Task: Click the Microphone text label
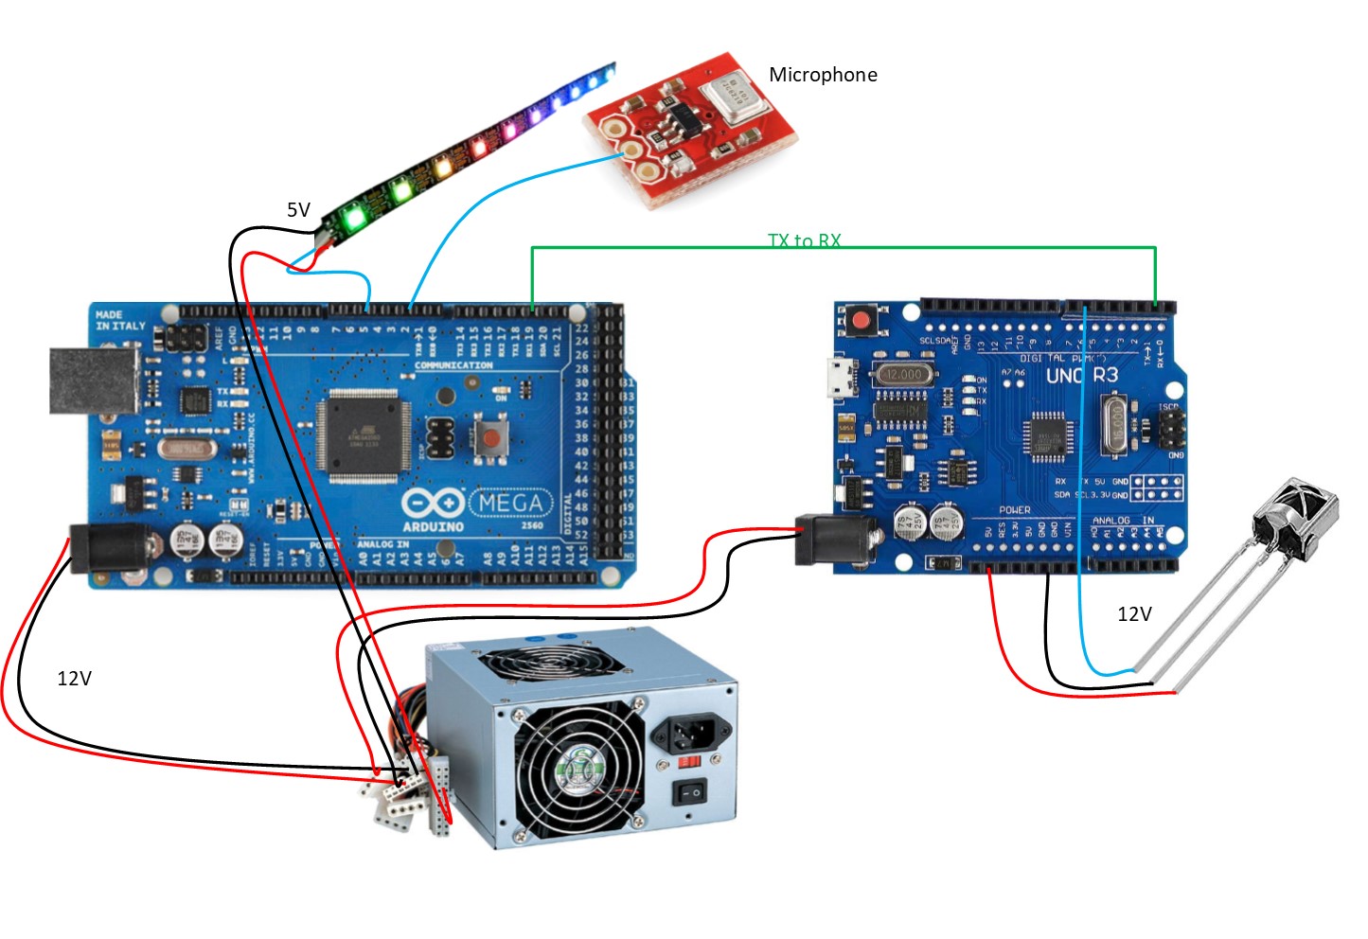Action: point(822,75)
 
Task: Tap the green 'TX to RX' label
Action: point(804,240)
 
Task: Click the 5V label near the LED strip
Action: point(298,210)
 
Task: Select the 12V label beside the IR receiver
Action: point(1134,614)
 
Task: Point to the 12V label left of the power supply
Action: point(74,679)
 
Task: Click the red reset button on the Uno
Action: point(862,320)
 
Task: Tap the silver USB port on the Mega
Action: point(93,381)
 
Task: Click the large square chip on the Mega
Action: point(364,434)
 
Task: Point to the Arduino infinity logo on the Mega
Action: point(433,503)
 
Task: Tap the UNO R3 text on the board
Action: point(1081,376)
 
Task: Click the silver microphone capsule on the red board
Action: point(733,97)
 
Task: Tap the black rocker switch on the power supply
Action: point(689,791)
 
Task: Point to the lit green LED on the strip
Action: point(355,218)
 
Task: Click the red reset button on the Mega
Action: point(490,437)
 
